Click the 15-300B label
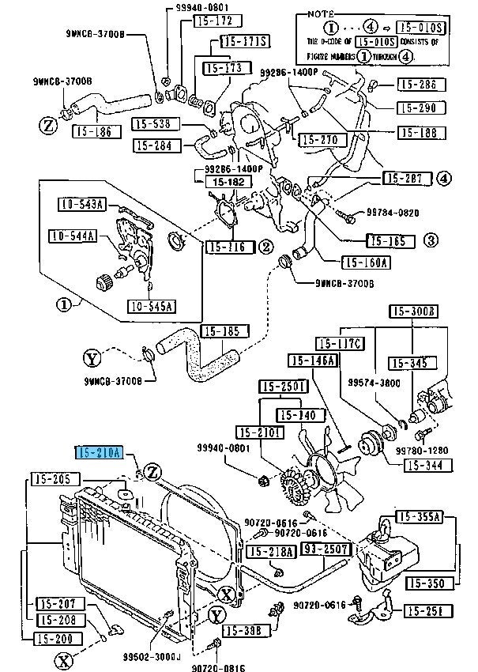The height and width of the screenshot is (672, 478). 412,311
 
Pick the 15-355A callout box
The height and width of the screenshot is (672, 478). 419,518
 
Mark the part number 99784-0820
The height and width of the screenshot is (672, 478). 393,213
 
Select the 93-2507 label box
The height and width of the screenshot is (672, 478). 320,549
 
